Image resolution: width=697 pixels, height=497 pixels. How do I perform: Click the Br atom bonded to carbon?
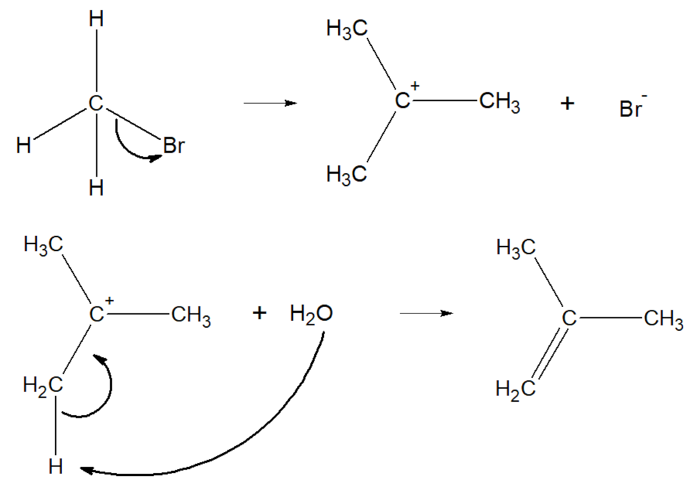[x=174, y=145]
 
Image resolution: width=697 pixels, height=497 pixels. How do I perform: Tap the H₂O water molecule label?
[x=311, y=314]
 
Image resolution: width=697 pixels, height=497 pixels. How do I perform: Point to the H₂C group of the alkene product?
[x=515, y=389]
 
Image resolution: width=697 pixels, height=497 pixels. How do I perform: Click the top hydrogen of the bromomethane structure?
[x=96, y=19]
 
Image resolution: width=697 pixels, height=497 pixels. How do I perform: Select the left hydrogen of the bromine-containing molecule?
[x=24, y=145]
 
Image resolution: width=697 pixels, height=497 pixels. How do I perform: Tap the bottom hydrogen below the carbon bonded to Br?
[x=96, y=188]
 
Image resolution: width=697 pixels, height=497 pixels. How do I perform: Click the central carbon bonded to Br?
[x=96, y=104]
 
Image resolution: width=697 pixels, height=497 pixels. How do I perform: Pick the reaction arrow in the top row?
[x=270, y=103]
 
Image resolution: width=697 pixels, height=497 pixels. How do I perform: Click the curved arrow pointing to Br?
[x=131, y=150]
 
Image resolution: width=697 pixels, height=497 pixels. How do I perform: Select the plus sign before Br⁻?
[x=567, y=104]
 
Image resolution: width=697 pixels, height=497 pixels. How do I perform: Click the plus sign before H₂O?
[x=259, y=313]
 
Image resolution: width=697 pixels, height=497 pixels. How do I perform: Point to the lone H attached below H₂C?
[x=56, y=467]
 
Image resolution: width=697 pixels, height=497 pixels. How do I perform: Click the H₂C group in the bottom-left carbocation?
[x=43, y=385]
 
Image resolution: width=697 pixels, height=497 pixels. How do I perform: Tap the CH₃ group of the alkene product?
[x=663, y=319]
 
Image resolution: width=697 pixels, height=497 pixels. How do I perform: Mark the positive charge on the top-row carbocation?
[x=415, y=86]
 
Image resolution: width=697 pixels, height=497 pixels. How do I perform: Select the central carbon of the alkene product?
[x=569, y=318]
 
